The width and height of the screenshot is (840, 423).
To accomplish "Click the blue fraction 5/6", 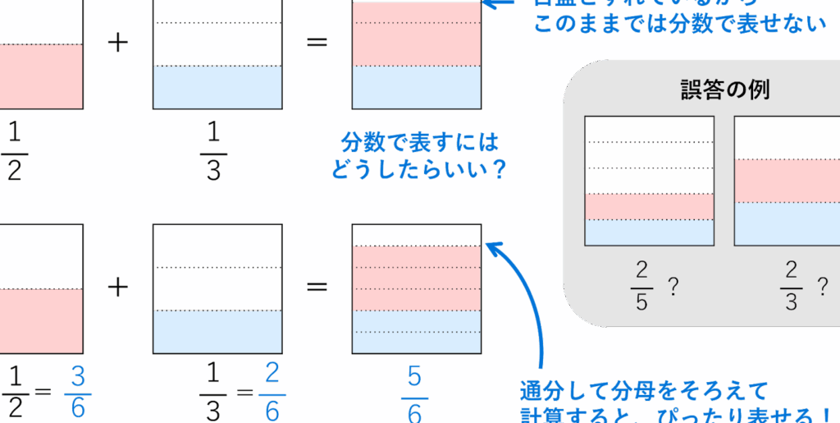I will click(x=414, y=393).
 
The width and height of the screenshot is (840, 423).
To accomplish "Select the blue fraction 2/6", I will click(x=272, y=390).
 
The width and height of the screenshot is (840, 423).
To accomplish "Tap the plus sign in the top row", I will click(x=119, y=43).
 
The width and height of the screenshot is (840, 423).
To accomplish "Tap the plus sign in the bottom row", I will click(x=119, y=287).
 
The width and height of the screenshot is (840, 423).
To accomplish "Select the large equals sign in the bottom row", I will click(x=317, y=287).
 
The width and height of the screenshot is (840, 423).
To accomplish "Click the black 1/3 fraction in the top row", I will click(x=213, y=150).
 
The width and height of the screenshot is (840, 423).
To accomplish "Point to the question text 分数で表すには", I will click(x=419, y=143).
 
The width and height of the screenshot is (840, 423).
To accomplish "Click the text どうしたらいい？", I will click(x=418, y=170).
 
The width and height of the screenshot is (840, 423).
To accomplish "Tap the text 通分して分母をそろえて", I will click(x=644, y=389).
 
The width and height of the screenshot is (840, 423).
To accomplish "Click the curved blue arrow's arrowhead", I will click(x=493, y=245).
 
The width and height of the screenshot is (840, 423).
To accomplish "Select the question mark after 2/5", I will click(x=673, y=287).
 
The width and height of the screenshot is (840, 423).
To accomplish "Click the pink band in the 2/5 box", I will click(x=649, y=206).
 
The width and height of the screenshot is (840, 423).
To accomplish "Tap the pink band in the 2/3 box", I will click(x=787, y=181).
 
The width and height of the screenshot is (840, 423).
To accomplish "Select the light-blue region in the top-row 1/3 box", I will click(x=217, y=87).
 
